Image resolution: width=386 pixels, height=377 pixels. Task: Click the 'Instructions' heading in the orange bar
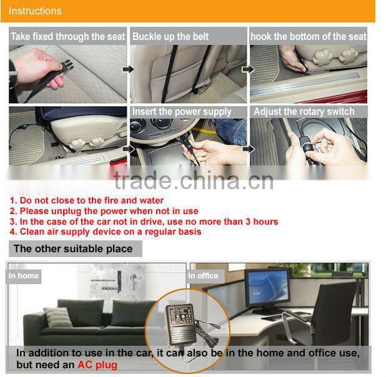pyautogui.click(x=35, y=11)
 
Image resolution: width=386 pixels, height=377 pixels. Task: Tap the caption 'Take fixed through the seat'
pyautogui.click(x=67, y=37)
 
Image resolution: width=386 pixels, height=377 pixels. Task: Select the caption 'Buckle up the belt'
pyautogui.click(x=171, y=37)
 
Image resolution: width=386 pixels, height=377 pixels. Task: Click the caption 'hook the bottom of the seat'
pyautogui.click(x=309, y=37)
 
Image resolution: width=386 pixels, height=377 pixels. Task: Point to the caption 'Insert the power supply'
pyautogui.click(x=181, y=112)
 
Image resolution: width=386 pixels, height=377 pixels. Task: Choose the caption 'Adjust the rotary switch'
pyautogui.click(x=304, y=112)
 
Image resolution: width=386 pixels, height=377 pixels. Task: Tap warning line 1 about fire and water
pyautogui.click(x=86, y=200)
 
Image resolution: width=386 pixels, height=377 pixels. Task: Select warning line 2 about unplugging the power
pyautogui.click(x=104, y=211)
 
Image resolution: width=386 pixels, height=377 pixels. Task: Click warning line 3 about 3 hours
pyautogui.click(x=144, y=222)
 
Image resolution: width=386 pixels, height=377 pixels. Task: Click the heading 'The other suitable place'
pyautogui.click(x=73, y=249)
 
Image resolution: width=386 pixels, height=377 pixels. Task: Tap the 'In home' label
pyautogui.click(x=24, y=275)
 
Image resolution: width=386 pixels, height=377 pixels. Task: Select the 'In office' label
pyautogui.click(x=203, y=275)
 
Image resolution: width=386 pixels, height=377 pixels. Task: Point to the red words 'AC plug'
pyautogui.click(x=97, y=365)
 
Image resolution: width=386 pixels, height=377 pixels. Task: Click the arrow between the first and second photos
pyautogui.click(x=127, y=69)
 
